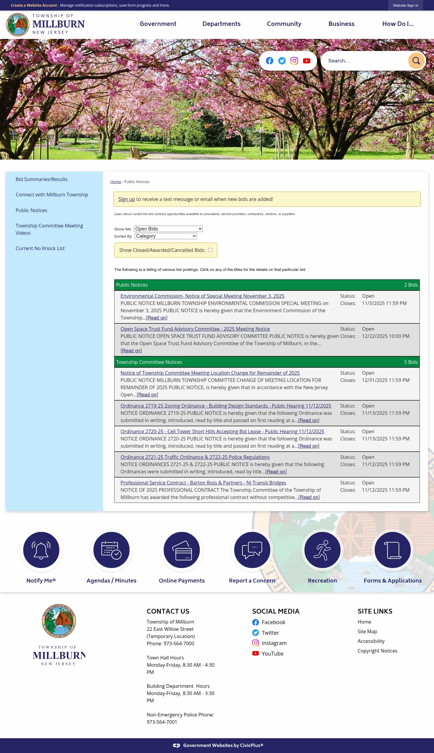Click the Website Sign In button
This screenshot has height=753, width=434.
coord(405,5)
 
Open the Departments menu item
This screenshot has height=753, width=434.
coord(221,24)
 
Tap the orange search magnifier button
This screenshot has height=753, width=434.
coord(416,61)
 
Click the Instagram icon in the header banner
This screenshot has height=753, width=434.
coord(294,61)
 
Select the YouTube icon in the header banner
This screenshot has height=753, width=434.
coord(307,61)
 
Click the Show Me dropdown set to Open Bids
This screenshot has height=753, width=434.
coord(168,229)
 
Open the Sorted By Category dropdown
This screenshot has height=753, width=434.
coord(166,236)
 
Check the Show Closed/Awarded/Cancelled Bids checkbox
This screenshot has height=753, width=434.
coord(210,250)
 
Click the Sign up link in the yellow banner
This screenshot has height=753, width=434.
coord(127,199)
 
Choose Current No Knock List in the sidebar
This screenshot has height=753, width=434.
coord(40,248)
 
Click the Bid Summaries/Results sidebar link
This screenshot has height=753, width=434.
coord(42,179)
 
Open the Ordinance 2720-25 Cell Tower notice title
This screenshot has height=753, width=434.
coord(222,431)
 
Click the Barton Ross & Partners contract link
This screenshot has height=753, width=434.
coord(203,483)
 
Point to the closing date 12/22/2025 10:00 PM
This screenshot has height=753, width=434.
coord(385,336)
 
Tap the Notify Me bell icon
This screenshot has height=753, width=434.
coord(41,550)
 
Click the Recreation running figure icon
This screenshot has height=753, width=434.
coord(322,550)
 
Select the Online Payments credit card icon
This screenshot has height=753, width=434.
coord(181,550)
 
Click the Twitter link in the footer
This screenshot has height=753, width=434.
coord(270,633)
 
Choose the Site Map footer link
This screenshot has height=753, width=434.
coord(367,631)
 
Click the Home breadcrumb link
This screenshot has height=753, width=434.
coord(115,182)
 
